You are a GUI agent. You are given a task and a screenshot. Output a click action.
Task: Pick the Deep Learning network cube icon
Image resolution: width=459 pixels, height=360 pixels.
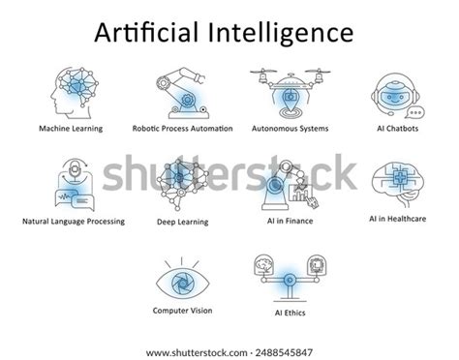point(182,186)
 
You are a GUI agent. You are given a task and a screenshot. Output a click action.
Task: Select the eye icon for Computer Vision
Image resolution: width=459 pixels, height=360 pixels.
point(181,281)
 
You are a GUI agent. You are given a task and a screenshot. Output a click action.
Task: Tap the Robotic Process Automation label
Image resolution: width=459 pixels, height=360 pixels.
point(182,128)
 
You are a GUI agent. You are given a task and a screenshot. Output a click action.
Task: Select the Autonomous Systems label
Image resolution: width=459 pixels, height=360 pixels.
point(290,128)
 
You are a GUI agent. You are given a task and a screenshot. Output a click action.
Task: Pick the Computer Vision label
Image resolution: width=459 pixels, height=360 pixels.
point(181,311)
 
